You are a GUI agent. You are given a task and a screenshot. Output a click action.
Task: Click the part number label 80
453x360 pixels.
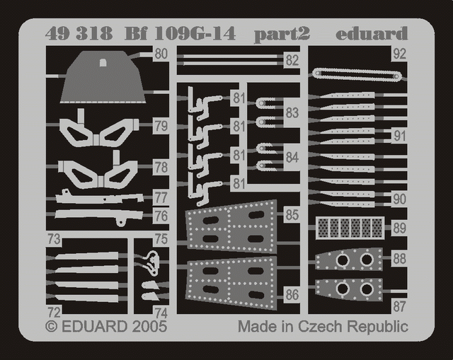coord(161,54)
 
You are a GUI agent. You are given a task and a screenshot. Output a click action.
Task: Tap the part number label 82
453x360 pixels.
coord(292,61)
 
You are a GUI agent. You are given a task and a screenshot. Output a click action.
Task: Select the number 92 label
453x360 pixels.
coord(400,52)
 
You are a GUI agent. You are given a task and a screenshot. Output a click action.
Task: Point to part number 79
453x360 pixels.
coord(161,127)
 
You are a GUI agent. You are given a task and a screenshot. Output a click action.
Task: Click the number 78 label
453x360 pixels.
coord(161,168)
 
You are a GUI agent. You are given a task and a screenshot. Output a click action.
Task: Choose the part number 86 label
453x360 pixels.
coord(292,295)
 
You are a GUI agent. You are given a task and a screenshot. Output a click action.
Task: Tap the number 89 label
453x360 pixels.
coord(400,228)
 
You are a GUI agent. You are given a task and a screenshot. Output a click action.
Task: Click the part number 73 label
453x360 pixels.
coord(54,238)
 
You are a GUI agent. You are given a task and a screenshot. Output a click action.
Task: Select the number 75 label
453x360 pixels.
coord(161,240)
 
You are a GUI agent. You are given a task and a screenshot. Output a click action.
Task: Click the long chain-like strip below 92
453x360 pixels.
coord(357,74)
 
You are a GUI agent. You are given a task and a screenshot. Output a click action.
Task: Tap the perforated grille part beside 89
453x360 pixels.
coord(350,228)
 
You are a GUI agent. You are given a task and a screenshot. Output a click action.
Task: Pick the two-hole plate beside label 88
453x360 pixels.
coord(349,260)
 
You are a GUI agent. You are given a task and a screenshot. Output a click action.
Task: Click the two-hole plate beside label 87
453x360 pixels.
coord(349,289)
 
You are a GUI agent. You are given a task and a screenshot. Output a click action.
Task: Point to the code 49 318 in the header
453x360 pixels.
coord(68,33)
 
